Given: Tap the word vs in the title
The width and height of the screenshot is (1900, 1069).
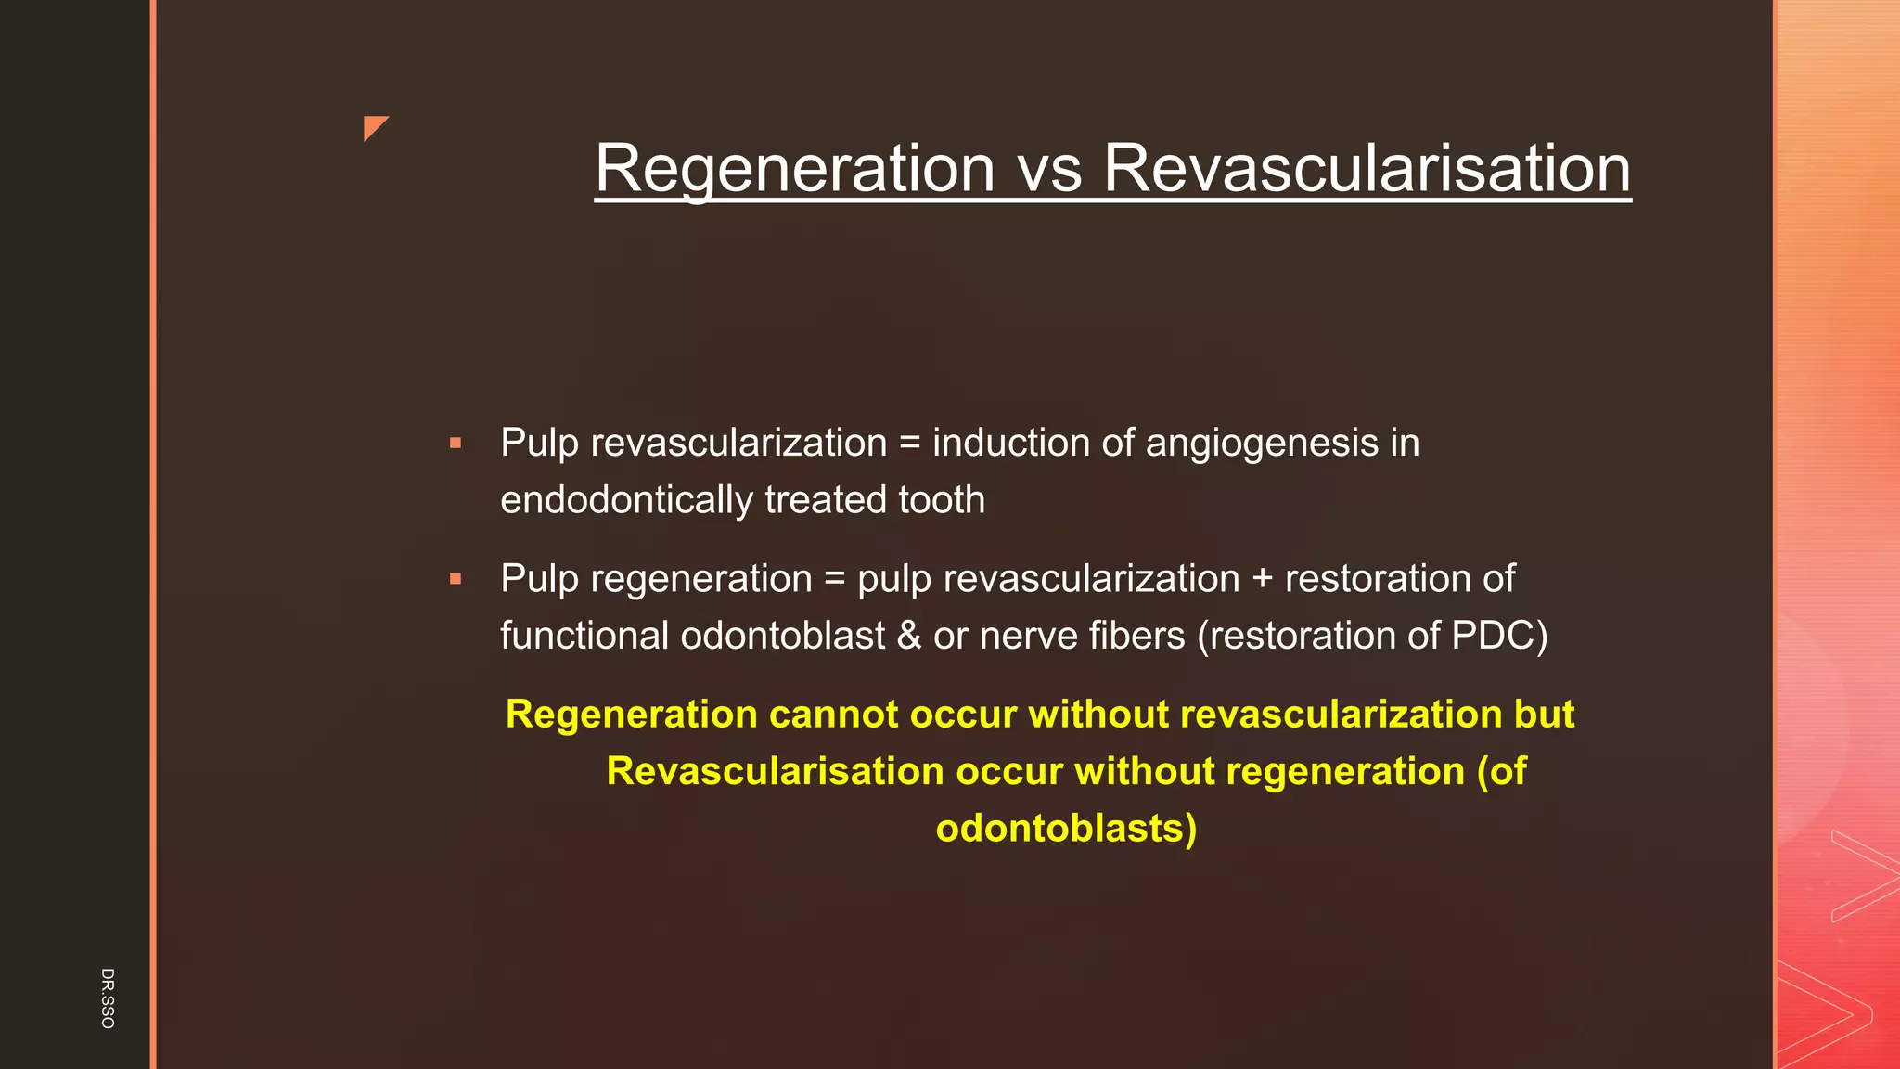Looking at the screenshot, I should (x=1049, y=169).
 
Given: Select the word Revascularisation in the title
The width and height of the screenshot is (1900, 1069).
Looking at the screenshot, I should (x=1367, y=169).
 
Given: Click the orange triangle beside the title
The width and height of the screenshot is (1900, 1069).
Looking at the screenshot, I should (x=374, y=127).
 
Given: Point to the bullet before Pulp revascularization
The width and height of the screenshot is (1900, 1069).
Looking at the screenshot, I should (x=455, y=444).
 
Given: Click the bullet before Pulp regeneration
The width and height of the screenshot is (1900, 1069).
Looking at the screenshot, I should (x=455, y=579).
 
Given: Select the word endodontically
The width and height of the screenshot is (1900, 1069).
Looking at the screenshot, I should (x=626, y=500).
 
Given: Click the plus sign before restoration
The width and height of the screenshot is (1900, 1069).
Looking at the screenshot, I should (x=1262, y=579).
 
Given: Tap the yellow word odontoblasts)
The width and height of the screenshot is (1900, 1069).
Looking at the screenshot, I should (x=1066, y=828).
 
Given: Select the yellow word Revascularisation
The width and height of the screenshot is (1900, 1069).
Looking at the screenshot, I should (x=775, y=771).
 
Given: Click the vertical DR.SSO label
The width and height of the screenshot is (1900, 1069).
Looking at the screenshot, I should (x=108, y=998).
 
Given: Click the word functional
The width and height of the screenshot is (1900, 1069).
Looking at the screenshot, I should (x=584, y=637).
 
